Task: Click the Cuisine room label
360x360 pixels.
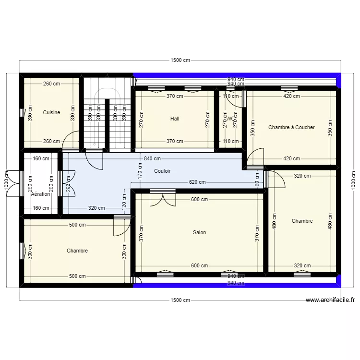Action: pyautogui.click(x=51, y=112)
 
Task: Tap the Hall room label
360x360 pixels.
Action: pyautogui.click(x=175, y=119)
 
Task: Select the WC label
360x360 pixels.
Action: pyautogui.click(x=231, y=119)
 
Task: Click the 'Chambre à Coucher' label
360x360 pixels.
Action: pyautogui.click(x=291, y=127)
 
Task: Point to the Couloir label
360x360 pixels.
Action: pyautogui.click(x=162, y=171)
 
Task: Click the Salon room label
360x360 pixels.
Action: pyautogui.click(x=199, y=232)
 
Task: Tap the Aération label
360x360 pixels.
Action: pyautogui.click(x=40, y=194)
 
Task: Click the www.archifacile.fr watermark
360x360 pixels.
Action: pyautogui.click(x=331, y=300)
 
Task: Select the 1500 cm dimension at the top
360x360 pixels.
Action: pyautogui.click(x=180, y=60)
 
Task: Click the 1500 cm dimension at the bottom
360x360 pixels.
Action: pyautogui.click(x=180, y=300)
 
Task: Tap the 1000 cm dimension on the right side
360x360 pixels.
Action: pyautogui.click(x=353, y=180)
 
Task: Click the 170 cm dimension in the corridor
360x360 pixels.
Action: pyautogui.click(x=140, y=170)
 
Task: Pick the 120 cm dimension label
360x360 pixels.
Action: pyautogui.click(x=124, y=202)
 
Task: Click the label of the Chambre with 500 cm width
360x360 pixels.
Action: pyautogui.click(x=77, y=251)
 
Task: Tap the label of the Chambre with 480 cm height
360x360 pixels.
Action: pyautogui.click(x=302, y=221)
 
